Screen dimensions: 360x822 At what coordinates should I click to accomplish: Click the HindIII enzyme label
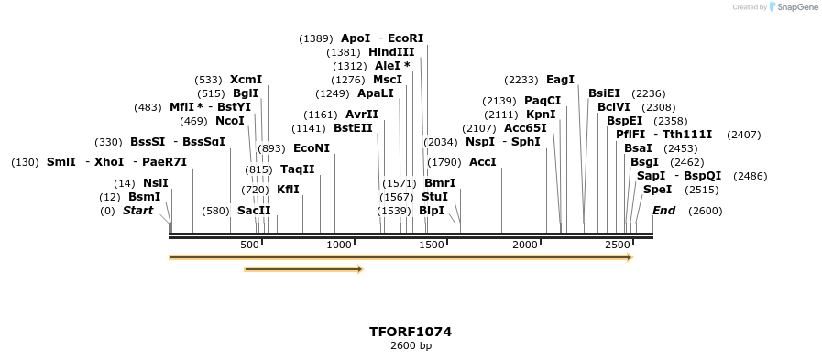click(x=391, y=52)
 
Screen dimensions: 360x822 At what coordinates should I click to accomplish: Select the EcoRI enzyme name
click(x=406, y=38)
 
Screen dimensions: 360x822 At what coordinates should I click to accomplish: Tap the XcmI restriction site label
click(x=246, y=80)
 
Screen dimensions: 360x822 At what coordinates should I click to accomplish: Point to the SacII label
click(x=254, y=211)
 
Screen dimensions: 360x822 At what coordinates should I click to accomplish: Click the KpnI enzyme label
click(x=541, y=115)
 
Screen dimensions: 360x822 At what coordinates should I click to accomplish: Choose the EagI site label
click(x=560, y=80)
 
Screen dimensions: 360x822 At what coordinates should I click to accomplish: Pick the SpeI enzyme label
click(x=657, y=190)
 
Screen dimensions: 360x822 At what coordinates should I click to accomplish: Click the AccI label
click(x=483, y=162)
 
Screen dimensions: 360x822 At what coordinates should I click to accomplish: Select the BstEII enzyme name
click(x=353, y=128)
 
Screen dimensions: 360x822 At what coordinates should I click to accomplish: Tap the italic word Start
click(x=137, y=211)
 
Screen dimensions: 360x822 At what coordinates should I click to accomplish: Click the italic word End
click(x=663, y=211)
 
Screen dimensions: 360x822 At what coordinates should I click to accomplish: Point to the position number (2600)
click(x=705, y=211)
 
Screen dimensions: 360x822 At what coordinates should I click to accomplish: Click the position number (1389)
click(x=316, y=38)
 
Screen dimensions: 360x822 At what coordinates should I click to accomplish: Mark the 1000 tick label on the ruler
click(x=339, y=245)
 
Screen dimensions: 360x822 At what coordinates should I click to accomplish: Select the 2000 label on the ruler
click(x=525, y=245)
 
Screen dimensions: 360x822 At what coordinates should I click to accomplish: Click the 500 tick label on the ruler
click(x=249, y=245)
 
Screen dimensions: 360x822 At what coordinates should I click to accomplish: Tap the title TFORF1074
click(x=411, y=332)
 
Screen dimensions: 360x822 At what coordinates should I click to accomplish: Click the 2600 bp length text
click(x=411, y=346)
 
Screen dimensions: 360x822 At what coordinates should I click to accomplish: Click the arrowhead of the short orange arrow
click(x=360, y=269)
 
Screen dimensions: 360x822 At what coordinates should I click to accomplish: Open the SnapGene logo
click(x=793, y=7)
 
